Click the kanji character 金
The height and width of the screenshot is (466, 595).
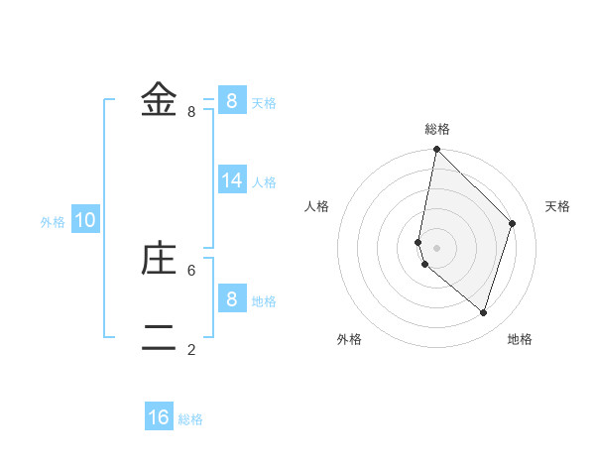click(x=159, y=100)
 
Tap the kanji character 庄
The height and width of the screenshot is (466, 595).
click(x=159, y=259)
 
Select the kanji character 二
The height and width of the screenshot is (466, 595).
click(x=159, y=338)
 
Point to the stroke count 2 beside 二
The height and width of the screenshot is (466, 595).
click(x=191, y=349)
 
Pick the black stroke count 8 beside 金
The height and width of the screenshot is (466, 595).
click(x=191, y=112)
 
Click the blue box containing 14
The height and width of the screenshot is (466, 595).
click(x=232, y=179)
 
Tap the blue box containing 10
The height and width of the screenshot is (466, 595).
click(x=85, y=220)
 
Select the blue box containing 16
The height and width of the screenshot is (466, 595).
click(x=159, y=417)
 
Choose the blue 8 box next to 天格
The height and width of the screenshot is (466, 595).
click(x=232, y=100)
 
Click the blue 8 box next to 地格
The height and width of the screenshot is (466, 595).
click(x=232, y=298)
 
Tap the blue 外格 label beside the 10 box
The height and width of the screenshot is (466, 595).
click(x=53, y=222)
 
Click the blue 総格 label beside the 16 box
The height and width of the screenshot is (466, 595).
click(x=190, y=419)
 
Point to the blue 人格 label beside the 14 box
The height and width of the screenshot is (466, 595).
click(x=264, y=182)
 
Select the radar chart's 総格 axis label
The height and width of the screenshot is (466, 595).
click(x=437, y=129)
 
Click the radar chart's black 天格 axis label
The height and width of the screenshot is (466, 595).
click(x=557, y=206)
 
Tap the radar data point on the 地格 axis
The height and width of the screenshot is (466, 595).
click(x=484, y=312)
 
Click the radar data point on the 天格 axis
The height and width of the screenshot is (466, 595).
click(x=513, y=223)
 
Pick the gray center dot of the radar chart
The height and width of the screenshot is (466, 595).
click(x=437, y=248)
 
